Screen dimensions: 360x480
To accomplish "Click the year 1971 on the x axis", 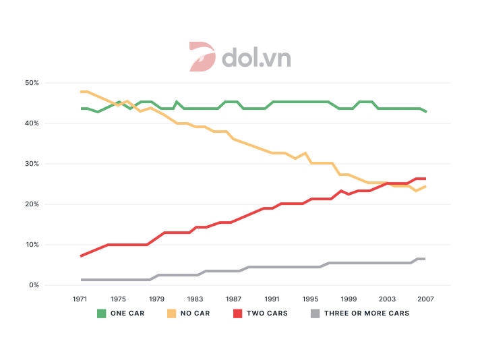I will [x=80, y=299].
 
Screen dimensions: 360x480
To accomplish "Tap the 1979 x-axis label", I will [x=157, y=299].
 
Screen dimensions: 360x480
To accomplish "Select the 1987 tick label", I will [x=234, y=299].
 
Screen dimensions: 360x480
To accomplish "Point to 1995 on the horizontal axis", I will [x=311, y=299].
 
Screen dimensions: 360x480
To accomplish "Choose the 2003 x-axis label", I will [x=388, y=299].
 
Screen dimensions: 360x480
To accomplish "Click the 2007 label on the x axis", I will [x=426, y=299].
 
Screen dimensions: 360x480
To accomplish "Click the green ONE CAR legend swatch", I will [x=102, y=313].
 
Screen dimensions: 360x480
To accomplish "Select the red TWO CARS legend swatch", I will [x=237, y=313].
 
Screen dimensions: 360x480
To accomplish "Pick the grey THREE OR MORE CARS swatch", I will [x=316, y=313].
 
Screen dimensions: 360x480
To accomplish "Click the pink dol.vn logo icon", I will [x=202, y=57].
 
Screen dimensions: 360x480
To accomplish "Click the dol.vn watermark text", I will [x=256, y=57].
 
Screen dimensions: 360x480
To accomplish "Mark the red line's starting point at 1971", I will [x=81, y=256].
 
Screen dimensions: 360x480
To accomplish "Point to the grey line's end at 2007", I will [x=425, y=259].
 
